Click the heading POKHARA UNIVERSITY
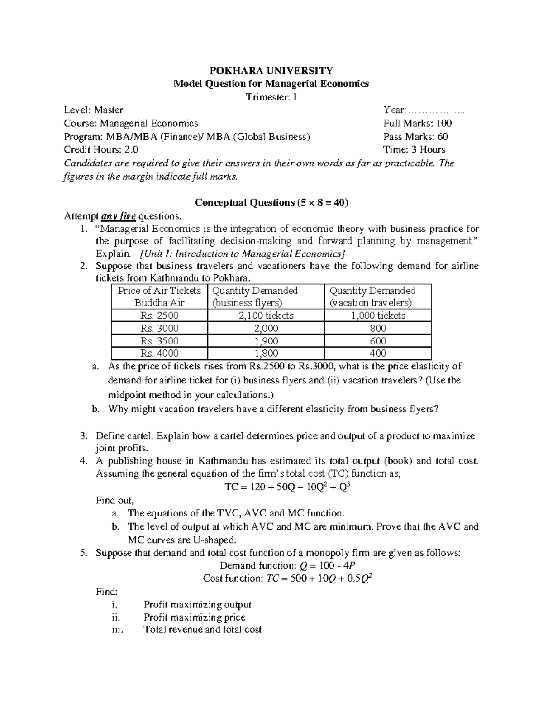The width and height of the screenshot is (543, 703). (271, 71)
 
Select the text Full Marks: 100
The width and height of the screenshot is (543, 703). (417, 123)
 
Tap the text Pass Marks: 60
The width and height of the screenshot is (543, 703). (415, 137)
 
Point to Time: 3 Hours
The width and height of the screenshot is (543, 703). (414, 150)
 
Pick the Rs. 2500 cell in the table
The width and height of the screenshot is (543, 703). (159, 316)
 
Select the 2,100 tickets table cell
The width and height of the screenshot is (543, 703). (266, 316)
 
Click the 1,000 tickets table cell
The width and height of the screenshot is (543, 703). (378, 316)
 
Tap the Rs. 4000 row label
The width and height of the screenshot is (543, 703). (159, 353)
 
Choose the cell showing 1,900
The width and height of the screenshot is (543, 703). (266, 341)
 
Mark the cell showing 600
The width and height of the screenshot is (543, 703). (378, 341)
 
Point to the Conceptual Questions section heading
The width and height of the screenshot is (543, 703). (271, 202)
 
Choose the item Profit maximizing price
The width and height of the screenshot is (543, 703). (195, 617)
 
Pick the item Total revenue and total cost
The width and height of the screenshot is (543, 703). (202, 630)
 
